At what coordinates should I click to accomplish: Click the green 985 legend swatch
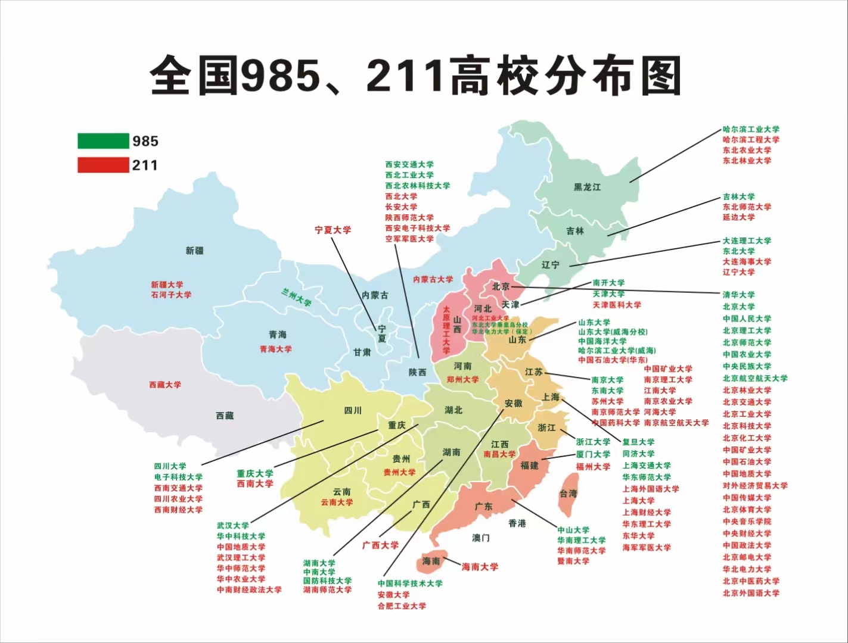tap(103, 141)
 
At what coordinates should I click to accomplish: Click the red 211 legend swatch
tap(103, 165)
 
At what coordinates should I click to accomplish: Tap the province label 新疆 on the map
tap(194, 251)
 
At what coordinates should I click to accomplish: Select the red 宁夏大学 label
tap(333, 230)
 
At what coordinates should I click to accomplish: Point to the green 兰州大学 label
tap(297, 297)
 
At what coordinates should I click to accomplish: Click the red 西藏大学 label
tap(165, 385)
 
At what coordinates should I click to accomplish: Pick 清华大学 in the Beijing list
tap(739, 295)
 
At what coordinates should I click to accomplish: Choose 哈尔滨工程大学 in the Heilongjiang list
tap(751, 139)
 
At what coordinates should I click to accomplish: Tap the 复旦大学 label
tap(638, 442)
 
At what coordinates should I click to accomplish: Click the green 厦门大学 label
tap(593, 454)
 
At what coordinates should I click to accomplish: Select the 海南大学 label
tap(480, 567)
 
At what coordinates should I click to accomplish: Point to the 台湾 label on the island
tap(568, 493)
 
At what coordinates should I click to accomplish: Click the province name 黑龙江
tap(588, 187)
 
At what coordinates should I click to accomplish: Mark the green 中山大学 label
tap(573, 529)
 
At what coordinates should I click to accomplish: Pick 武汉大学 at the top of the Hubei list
tap(233, 525)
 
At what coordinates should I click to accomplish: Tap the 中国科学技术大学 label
tap(410, 583)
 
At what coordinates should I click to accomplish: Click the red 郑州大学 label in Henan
tap(462, 379)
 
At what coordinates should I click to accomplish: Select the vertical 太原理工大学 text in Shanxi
tap(446, 330)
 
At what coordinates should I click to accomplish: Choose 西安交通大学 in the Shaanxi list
tap(409, 164)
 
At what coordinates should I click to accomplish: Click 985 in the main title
tap(279, 76)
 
